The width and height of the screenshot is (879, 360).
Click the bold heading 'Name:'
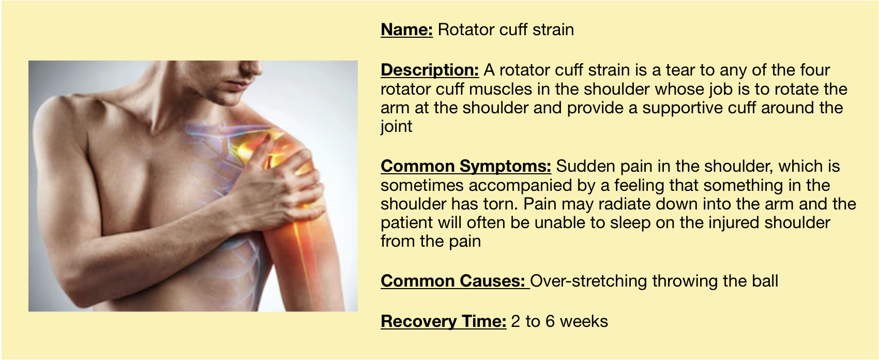click(x=406, y=30)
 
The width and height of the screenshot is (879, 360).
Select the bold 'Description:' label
click(x=430, y=70)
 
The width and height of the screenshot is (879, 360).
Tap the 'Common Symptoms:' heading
click(x=466, y=167)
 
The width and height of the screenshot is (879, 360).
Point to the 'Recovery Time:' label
click(x=444, y=322)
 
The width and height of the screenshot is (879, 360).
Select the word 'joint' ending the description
click(x=397, y=127)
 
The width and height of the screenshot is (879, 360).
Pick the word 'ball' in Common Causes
click(x=765, y=281)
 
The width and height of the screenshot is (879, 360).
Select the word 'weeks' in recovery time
click(x=584, y=322)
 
